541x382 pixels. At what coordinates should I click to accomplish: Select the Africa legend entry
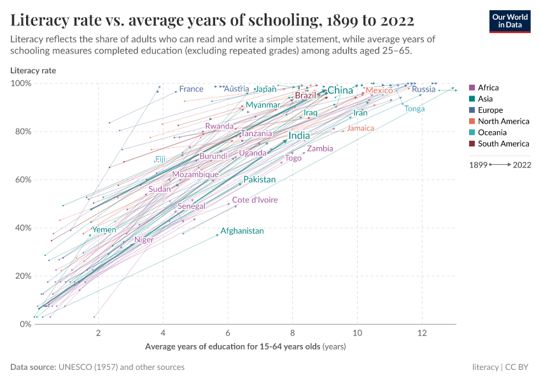click(488, 88)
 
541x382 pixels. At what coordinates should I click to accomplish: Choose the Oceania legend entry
click(492, 132)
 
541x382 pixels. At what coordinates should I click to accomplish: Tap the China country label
click(340, 90)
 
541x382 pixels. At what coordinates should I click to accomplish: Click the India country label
click(299, 136)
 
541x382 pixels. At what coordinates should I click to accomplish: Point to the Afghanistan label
click(242, 231)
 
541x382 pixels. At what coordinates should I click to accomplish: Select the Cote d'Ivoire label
click(255, 200)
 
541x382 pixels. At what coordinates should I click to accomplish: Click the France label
click(191, 89)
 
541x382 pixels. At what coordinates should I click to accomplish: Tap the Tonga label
click(414, 109)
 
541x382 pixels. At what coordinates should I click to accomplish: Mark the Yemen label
click(104, 230)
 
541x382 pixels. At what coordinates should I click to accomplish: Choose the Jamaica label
click(360, 128)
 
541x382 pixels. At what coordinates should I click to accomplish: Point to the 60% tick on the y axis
click(23, 180)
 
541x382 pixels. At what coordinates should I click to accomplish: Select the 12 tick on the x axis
click(422, 334)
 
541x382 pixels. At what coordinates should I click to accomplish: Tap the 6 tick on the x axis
click(228, 334)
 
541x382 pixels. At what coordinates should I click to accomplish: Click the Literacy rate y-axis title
click(33, 71)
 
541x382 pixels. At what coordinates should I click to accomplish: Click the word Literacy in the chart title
click(39, 20)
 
